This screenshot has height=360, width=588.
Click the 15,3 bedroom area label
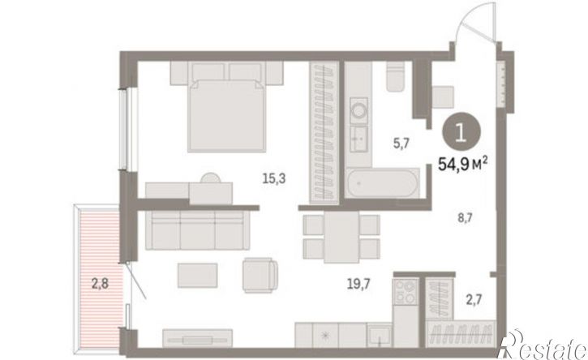(274, 179)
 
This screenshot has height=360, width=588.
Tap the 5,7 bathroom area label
(401, 144)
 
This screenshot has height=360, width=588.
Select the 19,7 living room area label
(358, 284)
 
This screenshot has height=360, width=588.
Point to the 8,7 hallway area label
(465, 217)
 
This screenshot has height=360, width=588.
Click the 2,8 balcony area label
(100, 283)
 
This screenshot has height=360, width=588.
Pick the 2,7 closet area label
(474, 300)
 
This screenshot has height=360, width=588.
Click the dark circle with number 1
(461, 132)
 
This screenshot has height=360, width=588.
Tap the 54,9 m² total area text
(463, 164)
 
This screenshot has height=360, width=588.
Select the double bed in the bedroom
(227, 113)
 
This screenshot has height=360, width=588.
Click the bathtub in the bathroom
(382, 183)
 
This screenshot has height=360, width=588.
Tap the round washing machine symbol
(358, 110)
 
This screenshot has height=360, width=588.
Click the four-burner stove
(406, 291)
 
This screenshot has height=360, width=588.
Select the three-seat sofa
(198, 230)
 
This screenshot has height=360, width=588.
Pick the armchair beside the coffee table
(260, 275)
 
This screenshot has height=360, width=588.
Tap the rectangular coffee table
(198, 275)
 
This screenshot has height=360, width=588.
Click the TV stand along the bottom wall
(198, 338)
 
